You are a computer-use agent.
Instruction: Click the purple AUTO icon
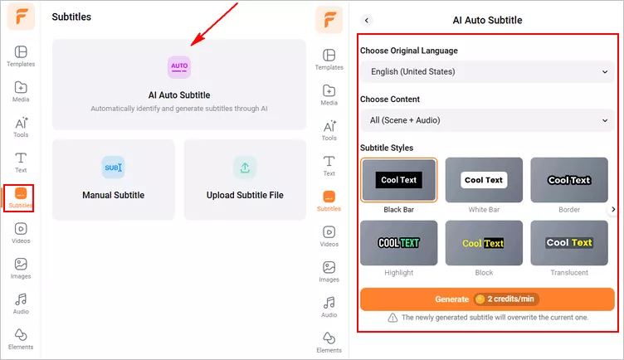(179, 66)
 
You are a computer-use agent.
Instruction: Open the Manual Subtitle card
(114, 179)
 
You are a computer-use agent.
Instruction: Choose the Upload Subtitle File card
(245, 179)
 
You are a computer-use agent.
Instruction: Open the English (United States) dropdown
(486, 72)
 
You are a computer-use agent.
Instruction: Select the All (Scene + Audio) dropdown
(486, 120)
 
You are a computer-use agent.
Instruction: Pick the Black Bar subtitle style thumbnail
(399, 180)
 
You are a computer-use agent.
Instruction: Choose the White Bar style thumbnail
(484, 180)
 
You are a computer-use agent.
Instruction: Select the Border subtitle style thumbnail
(569, 180)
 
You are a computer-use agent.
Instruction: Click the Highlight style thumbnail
(399, 243)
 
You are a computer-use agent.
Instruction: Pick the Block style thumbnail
(484, 243)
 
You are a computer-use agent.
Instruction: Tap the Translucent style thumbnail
(569, 243)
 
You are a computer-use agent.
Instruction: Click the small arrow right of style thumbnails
(613, 210)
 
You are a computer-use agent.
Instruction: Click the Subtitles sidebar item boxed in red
(20, 198)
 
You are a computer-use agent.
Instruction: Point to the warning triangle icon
(392, 318)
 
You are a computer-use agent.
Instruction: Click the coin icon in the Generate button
(480, 299)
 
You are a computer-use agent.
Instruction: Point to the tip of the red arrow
(193, 45)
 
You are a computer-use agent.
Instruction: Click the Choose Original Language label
(408, 51)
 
